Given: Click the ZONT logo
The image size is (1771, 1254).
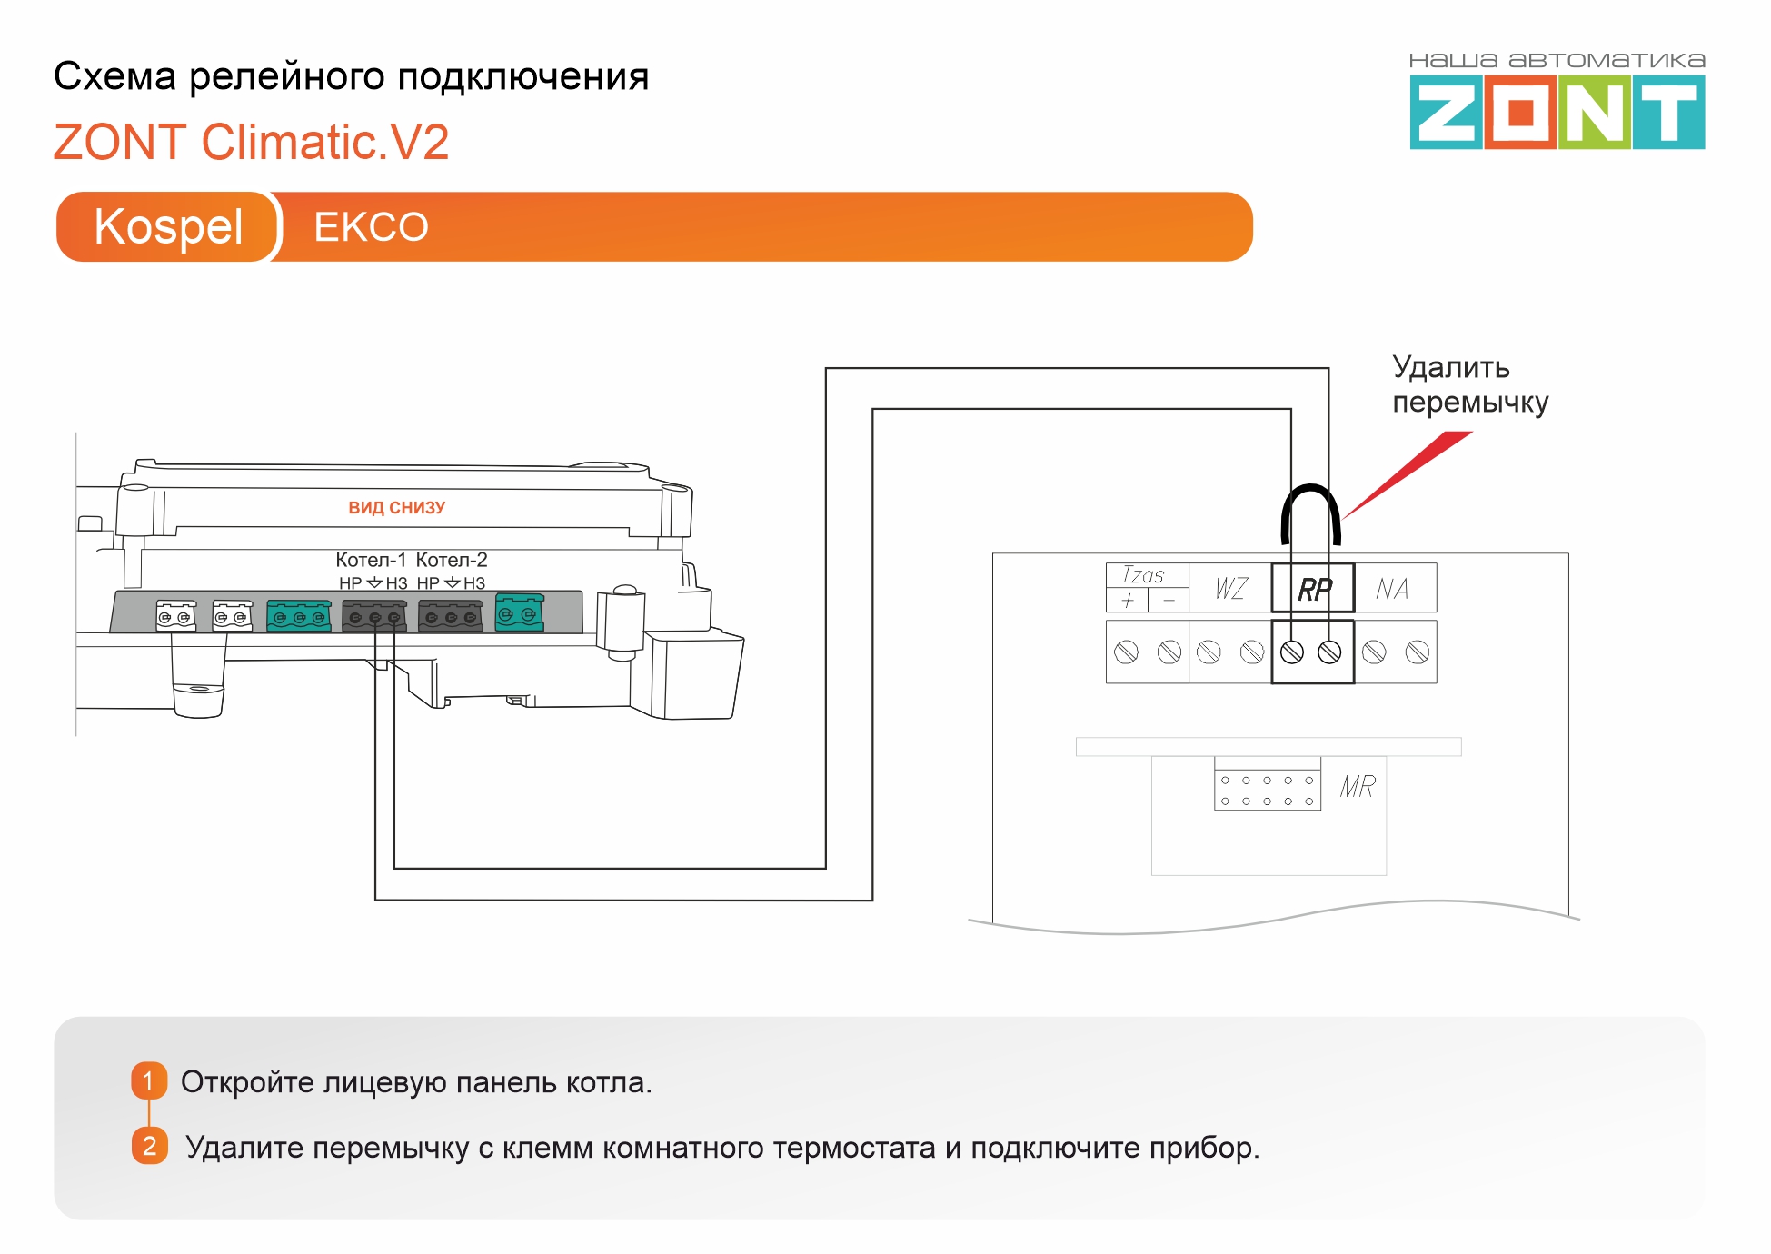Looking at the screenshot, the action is click(x=1557, y=101).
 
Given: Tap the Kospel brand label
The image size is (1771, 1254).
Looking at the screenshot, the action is click(x=168, y=226).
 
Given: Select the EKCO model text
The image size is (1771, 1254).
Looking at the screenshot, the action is click(x=371, y=227).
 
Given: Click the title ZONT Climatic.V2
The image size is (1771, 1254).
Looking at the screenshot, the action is click(x=251, y=142).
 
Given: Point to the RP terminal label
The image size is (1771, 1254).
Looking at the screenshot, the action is click(x=1314, y=590).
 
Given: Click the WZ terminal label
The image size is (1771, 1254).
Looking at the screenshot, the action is click(x=1231, y=589).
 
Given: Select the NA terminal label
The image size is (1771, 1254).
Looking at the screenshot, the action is click(x=1392, y=589).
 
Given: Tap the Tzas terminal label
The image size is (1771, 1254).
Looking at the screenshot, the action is click(x=1143, y=575).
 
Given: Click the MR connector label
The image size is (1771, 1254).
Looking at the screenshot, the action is click(x=1358, y=786).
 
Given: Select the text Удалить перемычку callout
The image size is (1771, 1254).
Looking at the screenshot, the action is click(x=1470, y=384).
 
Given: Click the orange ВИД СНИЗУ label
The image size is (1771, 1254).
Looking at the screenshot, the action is click(x=397, y=508).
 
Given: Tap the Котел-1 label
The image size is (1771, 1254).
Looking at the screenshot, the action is click(x=371, y=560).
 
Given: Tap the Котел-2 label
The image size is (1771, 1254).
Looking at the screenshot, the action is click(x=452, y=560).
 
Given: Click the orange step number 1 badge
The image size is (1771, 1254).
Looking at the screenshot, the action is click(x=149, y=1081).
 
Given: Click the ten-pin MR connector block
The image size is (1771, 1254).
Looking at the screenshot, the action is click(x=1267, y=791).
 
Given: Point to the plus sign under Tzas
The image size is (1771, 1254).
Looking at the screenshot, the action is click(x=1128, y=601).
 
